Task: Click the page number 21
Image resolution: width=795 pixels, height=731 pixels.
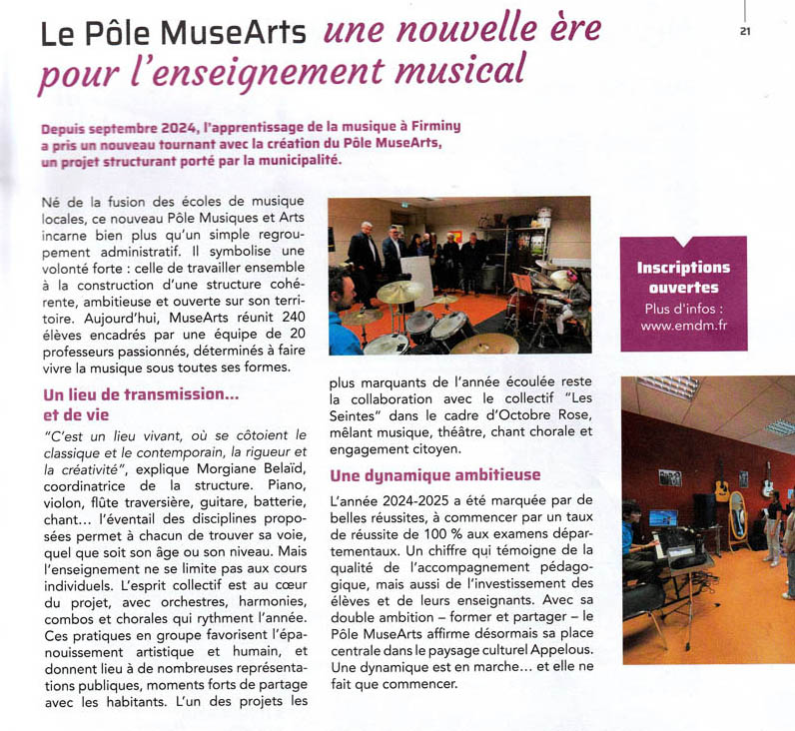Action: [x=745, y=30]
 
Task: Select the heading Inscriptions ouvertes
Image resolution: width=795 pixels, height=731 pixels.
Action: [x=683, y=278]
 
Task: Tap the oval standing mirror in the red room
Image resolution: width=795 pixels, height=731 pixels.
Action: [x=738, y=519]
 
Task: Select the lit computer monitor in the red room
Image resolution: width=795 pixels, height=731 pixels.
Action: [x=663, y=517]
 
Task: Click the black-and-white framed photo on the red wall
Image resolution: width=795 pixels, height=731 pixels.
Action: [x=669, y=477]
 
